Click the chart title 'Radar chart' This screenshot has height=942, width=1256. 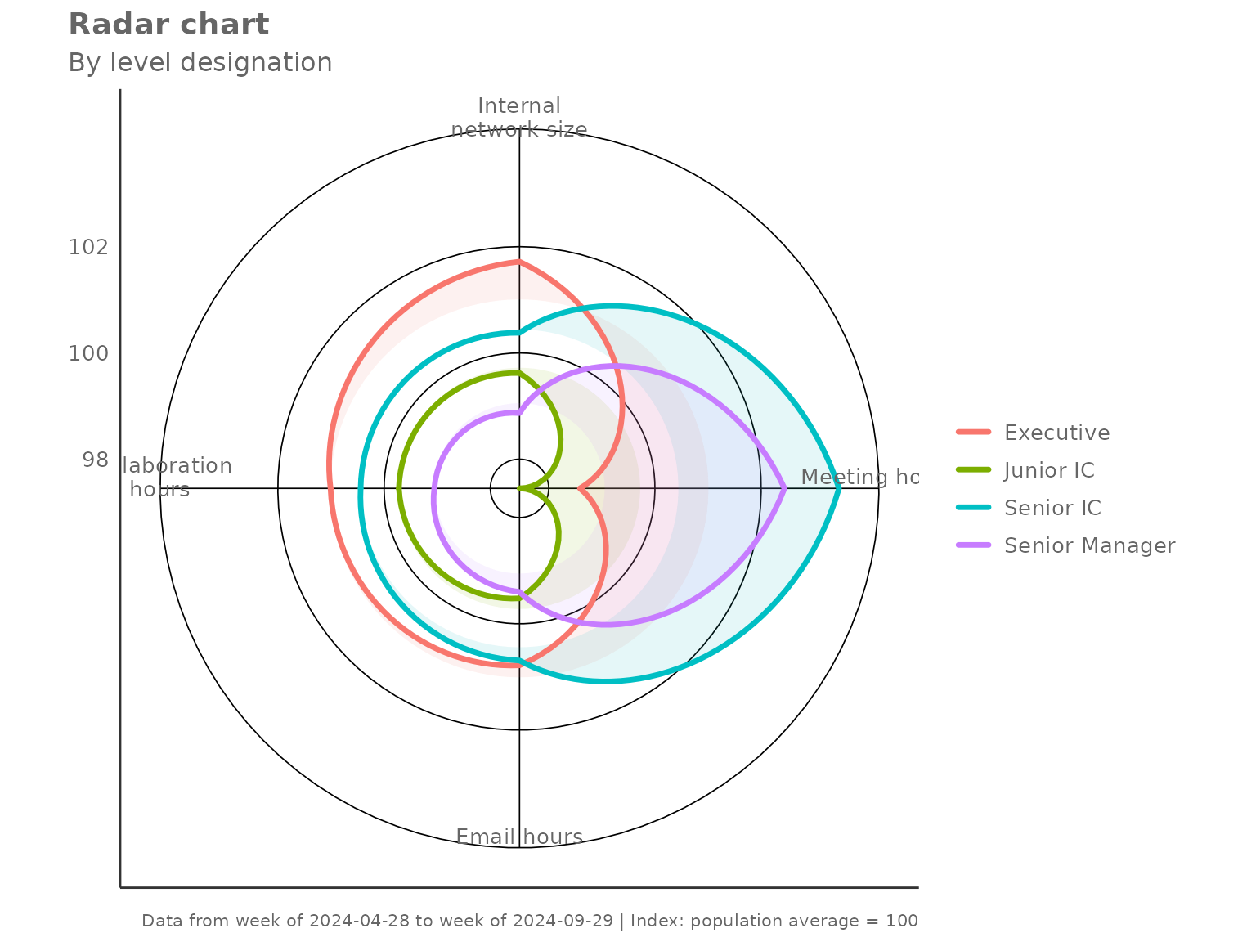(x=168, y=25)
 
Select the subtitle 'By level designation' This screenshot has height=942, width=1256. (x=200, y=62)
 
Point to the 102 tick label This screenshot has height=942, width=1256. (x=88, y=247)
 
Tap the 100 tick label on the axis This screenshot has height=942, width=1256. (x=88, y=353)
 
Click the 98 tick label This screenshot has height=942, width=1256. (x=95, y=460)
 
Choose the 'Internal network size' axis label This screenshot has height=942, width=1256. (x=519, y=118)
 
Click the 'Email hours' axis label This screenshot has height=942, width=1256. (x=519, y=837)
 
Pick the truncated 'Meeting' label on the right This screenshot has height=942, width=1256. (x=859, y=477)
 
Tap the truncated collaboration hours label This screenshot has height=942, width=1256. (x=177, y=478)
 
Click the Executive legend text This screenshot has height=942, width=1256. (x=1056, y=433)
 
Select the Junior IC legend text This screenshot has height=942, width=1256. (x=1048, y=470)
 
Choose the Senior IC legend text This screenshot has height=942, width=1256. (x=1052, y=508)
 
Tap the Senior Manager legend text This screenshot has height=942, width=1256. (x=1089, y=545)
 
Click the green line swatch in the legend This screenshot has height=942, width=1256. (x=973, y=470)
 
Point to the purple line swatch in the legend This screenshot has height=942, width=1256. (x=973, y=545)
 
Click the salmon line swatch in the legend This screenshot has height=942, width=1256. (x=973, y=433)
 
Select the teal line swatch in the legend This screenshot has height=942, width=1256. (x=973, y=508)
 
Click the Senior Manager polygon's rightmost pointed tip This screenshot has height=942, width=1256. (x=784, y=489)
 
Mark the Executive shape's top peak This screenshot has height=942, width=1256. (x=519, y=261)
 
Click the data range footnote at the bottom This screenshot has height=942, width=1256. (x=530, y=921)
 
